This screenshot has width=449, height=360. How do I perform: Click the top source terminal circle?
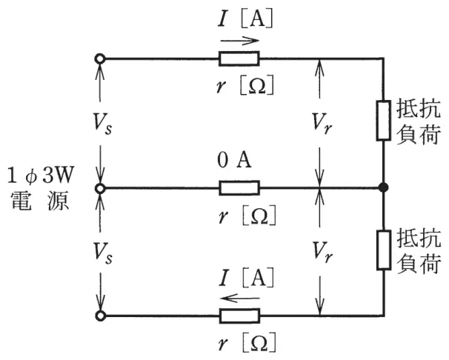[100, 59]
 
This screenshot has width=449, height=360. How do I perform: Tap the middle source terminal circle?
[100, 188]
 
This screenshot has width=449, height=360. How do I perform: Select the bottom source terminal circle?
[100, 316]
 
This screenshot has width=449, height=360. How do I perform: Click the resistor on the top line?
[239, 59]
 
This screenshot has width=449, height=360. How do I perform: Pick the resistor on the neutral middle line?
[239, 188]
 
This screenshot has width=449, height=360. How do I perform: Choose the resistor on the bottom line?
[239, 316]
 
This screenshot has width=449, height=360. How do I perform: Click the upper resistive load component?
[383, 121]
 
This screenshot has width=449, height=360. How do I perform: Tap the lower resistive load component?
[383, 250]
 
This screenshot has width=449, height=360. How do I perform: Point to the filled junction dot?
[383, 187]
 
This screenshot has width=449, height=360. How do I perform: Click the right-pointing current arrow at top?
[239, 41]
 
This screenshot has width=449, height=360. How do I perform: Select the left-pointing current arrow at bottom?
[240, 299]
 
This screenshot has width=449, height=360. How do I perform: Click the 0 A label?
[234, 160]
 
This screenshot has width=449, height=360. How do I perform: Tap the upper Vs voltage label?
[102, 124]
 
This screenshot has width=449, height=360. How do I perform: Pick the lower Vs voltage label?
[102, 253]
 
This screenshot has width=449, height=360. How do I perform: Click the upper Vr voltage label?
[322, 124]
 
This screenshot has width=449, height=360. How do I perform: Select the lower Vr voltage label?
[322, 253]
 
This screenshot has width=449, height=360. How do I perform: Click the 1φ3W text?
[40, 175]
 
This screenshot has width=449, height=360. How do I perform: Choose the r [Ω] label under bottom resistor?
[247, 342]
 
